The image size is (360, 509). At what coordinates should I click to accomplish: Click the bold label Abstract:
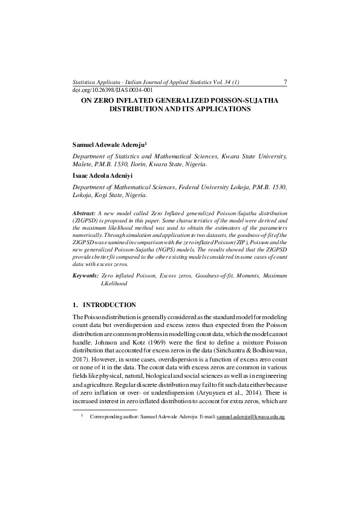pos(84,214)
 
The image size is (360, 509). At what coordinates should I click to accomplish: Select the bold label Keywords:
pos(85,276)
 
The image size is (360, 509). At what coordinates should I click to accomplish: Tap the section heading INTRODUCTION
pos(109,305)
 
